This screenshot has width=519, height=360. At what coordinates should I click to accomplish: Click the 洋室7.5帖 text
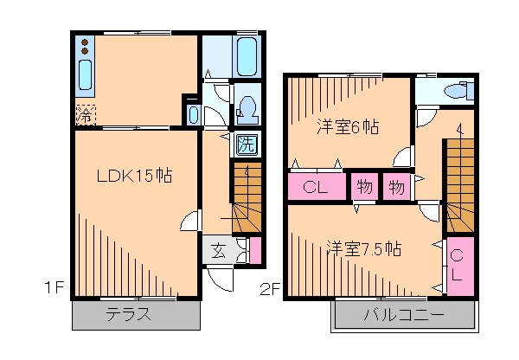tap(363, 248)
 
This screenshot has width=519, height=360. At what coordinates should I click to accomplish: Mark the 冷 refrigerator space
tap(85, 113)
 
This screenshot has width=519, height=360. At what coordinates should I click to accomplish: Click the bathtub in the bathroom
tap(247, 57)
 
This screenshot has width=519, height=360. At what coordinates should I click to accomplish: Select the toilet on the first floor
tap(246, 107)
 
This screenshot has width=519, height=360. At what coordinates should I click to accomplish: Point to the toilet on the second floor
tap(455, 90)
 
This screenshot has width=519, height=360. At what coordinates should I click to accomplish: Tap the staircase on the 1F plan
tap(247, 197)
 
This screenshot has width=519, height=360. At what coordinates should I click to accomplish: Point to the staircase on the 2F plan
tap(460, 182)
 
